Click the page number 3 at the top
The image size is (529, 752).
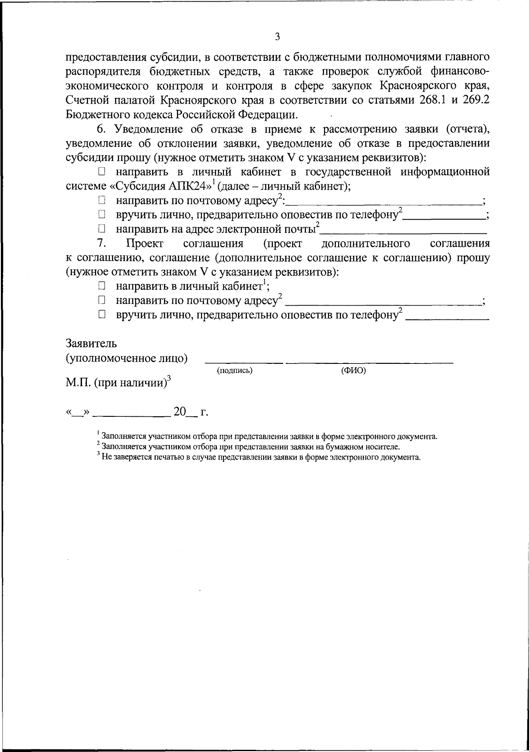(x=277, y=37)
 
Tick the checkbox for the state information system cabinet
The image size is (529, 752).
(x=102, y=171)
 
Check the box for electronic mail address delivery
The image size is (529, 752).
(x=102, y=229)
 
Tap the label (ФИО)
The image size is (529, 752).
(x=354, y=371)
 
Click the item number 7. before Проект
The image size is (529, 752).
(x=101, y=243)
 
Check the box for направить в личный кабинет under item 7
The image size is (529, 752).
(x=102, y=287)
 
